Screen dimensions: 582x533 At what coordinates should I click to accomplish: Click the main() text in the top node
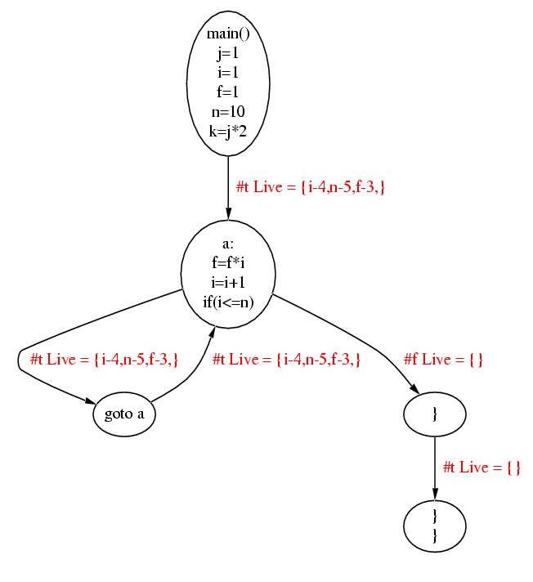click(x=228, y=34)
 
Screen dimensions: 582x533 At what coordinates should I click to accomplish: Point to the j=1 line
click(x=228, y=53)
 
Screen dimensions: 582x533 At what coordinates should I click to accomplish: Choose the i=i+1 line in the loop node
click(x=228, y=283)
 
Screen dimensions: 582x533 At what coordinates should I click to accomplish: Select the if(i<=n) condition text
click(x=228, y=302)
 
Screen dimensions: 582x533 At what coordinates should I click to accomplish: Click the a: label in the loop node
click(x=228, y=244)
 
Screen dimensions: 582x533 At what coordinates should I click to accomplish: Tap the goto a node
click(x=124, y=414)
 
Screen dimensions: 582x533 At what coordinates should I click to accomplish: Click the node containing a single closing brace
click(x=435, y=414)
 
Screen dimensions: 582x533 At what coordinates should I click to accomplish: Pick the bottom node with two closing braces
click(x=435, y=526)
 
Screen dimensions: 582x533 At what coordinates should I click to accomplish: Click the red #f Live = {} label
click(x=445, y=360)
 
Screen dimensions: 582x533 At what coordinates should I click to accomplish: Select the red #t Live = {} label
click(x=481, y=468)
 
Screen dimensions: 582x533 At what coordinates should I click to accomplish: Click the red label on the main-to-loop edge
click(x=310, y=188)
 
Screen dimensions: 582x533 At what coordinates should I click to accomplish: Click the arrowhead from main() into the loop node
click(x=228, y=213)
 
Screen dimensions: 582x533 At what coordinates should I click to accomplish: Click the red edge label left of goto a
click(x=105, y=360)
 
